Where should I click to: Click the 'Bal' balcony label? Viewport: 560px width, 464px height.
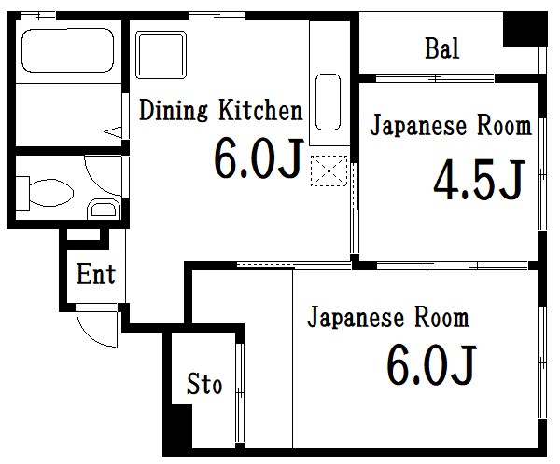pos(441,48)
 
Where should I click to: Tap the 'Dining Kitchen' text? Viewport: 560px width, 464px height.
pos(220,112)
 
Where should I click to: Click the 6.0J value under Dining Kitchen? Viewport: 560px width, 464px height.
pos(259,158)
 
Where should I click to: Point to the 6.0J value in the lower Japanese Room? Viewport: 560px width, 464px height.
pos(431,365)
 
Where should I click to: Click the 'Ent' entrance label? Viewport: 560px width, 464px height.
pos(95,274)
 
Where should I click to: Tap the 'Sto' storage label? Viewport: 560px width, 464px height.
pos(204,383)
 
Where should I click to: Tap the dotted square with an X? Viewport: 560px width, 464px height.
pos(329,171)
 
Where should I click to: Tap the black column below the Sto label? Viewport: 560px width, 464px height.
pos(177,428)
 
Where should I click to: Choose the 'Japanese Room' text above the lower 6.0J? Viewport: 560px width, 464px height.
pos(388,319)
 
